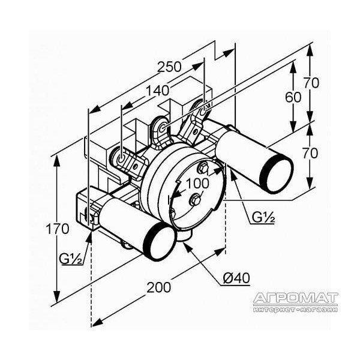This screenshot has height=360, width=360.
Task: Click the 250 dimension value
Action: [169, 67]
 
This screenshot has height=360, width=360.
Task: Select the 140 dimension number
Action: [157, 91]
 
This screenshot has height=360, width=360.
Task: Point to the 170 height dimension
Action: [58, 229]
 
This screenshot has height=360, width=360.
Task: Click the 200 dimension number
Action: [158, 287]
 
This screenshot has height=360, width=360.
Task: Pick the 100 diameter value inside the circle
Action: [197, 183]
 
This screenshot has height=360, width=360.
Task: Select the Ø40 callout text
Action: [236, 278]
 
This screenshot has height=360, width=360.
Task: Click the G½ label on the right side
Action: [263, 217]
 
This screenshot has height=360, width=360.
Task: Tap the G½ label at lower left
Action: [71, 259]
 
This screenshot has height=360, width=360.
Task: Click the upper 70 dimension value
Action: [311, 83]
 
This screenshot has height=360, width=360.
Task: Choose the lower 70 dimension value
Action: [310, 153]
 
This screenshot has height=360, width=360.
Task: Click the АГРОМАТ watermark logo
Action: [296, 298]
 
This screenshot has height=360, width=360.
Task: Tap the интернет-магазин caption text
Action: [296, 310]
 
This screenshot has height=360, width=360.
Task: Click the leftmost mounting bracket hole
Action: [121, 158]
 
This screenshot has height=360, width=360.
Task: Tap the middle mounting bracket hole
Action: [163, 128]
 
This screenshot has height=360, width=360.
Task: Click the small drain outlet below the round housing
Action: [185, 236]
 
